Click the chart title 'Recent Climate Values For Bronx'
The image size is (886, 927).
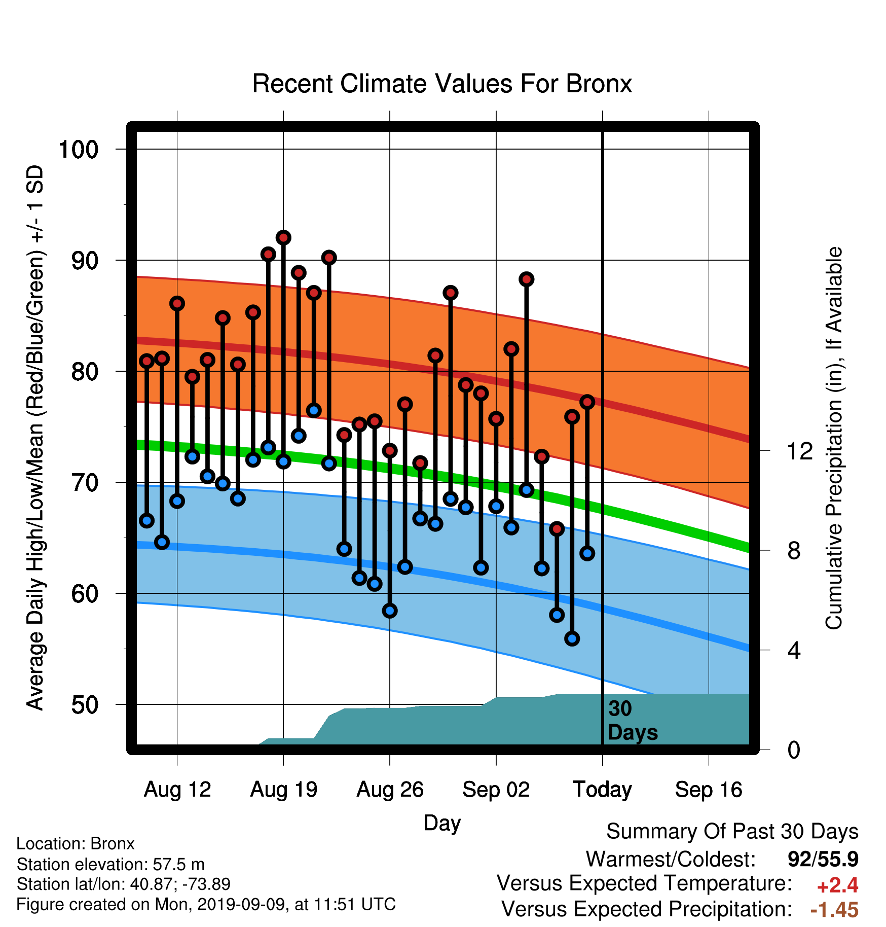tap(442, 84)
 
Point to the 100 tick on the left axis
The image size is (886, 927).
tap(79, 150)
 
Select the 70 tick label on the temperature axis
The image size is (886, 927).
tap(85, 483)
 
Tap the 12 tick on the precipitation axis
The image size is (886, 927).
tap(800, 451)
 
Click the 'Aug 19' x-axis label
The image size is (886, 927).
tap(284, 790)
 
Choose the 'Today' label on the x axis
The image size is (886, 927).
tap(602, 790)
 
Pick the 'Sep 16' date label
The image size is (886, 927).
tap(709, 790)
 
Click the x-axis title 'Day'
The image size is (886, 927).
tap(442, 823)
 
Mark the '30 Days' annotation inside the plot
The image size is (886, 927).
tap(633, 721)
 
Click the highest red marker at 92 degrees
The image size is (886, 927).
tap(283, 237)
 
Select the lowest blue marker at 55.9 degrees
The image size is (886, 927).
tap(572, 638)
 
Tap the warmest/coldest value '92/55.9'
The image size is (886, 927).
tap(823, 860)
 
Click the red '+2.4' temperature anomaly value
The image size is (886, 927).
tap(837, 885)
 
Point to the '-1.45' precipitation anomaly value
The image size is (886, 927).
tap(835, 910)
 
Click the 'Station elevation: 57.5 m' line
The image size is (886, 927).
tap(110, 864)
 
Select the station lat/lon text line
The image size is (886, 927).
tap(124, 884)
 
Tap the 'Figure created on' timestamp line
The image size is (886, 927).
tap(206, 905)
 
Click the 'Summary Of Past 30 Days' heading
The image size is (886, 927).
tap(732, 832)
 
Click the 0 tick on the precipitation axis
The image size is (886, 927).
tap(794, 750)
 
